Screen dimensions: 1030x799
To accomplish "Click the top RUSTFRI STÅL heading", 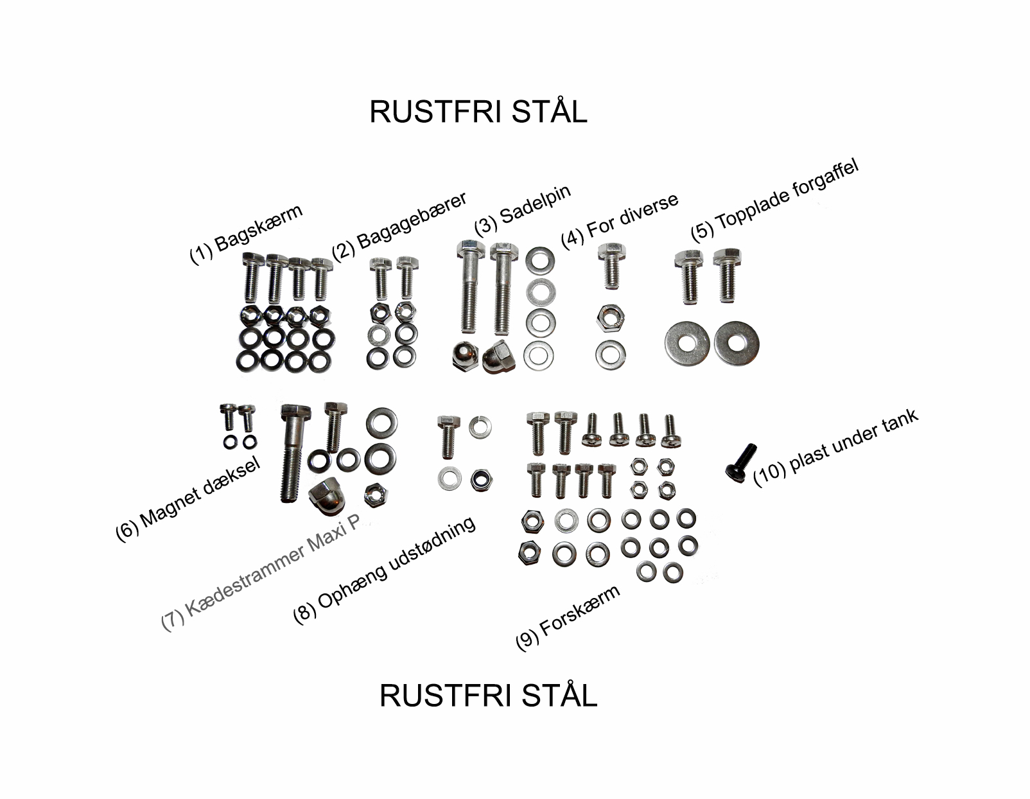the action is coord(478,112).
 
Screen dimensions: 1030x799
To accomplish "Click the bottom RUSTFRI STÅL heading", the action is coord(488,696).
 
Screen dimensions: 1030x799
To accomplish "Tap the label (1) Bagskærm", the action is coord(245,234).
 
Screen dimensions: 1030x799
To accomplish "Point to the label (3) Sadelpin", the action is coord(522,210).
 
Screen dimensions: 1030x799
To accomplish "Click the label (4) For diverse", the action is coord(620,221).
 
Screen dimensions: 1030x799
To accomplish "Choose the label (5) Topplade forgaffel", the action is coord(774,202).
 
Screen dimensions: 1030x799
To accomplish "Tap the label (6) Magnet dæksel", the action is coord(188,499).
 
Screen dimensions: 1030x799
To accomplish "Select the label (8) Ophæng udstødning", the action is coord(384,570).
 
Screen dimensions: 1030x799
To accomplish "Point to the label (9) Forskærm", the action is coord(568,618).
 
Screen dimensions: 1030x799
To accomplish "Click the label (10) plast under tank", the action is coord(835,448).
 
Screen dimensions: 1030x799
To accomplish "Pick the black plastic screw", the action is coord(740,463).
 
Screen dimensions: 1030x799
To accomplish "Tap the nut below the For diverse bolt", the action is coord(610,317).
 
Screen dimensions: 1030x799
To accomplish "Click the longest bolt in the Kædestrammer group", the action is coord(293,453).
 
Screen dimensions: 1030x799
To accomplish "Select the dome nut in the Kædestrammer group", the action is coord(327,497).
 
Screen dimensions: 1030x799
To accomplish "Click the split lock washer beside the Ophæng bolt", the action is coord(480,427).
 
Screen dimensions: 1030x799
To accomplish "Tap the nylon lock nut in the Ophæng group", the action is coord(482,480).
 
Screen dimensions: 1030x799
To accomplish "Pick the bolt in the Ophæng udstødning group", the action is coord(448,437).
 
